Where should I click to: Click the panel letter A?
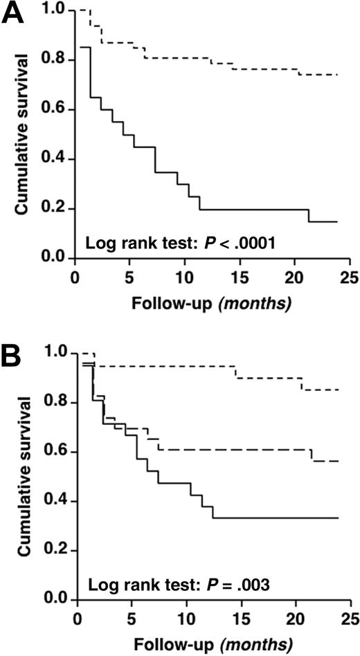pos(15,15)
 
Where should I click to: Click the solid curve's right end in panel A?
pos(337,221)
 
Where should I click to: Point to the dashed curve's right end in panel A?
pos(337,74)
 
